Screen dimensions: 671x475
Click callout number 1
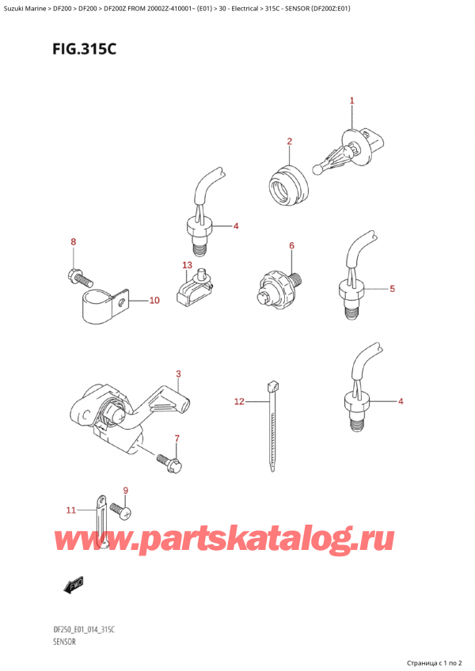click(x=352, y=100)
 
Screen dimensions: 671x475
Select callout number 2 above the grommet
click(x=290, y=142)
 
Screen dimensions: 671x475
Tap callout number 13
click(x=187, y=264)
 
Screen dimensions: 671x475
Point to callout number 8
click(x=73, y=241)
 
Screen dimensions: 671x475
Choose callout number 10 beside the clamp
click(x=154, y=301)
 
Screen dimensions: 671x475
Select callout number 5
click(x=391, y=289)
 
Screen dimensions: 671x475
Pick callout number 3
click(x=179, y=373)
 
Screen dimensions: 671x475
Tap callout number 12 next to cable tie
click(x=239, y=403)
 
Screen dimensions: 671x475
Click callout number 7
click(x=177, y=438)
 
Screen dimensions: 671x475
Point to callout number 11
click(x=70, y=510)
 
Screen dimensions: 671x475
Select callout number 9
click(x=125, y=491)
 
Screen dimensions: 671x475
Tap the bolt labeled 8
click(x=78, y=277)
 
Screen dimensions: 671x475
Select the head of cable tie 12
click(x=273, y=387)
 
